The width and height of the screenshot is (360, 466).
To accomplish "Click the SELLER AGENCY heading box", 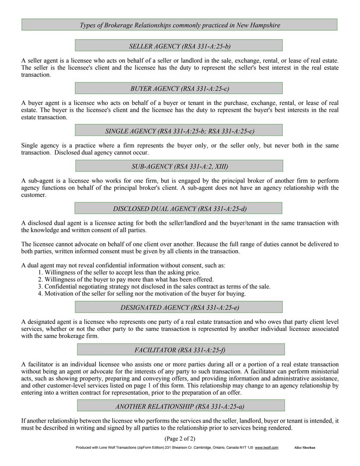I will [x=178, y=46].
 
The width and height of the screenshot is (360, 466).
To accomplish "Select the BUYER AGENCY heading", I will [x=178, y=88].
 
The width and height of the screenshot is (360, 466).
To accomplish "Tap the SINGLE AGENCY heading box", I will [x=178, y=131].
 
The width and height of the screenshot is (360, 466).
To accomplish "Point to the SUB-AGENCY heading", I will [x=178, y=166].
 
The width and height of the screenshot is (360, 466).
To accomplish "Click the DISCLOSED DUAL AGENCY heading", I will [x=178, y=209].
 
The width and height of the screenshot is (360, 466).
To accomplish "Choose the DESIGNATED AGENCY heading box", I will [x=178, y=307].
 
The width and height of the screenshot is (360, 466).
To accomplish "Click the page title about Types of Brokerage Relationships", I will [x=179, y=25].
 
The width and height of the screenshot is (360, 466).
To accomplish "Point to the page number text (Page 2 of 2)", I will [x=180, y=439].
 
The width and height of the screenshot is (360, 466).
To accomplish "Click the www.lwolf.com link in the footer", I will [x=266, y=448].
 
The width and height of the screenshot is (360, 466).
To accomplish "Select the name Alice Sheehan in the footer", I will [x=305, y=448].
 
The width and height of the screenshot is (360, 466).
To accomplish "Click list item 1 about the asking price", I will [x=119, y=272].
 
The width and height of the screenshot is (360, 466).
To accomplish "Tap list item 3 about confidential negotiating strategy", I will [x=154, y=287].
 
